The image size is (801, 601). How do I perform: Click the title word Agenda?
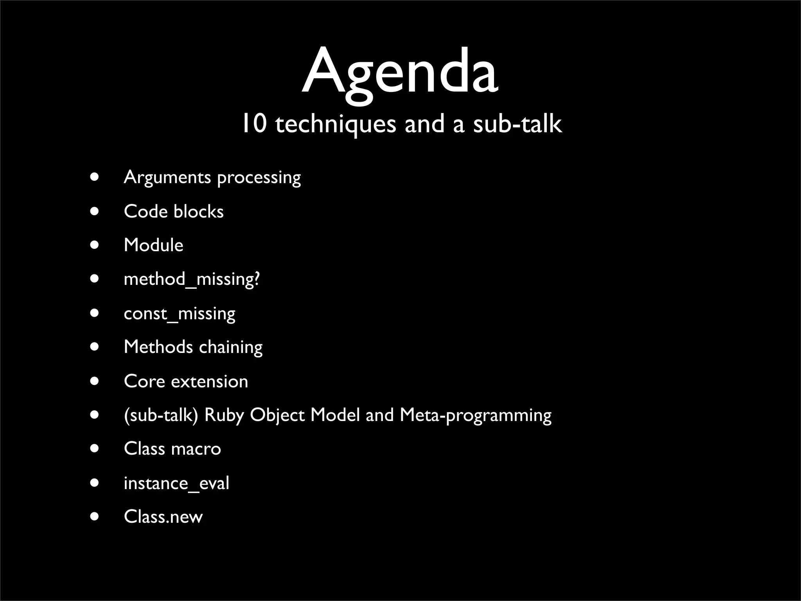coord(400,72)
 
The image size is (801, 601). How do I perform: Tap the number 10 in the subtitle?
coord(254,124)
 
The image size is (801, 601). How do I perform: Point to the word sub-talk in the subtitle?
coord(517,124)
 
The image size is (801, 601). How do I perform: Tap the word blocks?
coord(199,212)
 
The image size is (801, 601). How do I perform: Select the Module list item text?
coord(153,245)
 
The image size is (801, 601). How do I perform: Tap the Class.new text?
coord(163,517)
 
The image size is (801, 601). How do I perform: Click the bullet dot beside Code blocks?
coord(94,211)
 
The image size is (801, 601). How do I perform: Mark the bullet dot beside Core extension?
coord(94,381)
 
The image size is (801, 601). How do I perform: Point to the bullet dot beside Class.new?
coord(94,516)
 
